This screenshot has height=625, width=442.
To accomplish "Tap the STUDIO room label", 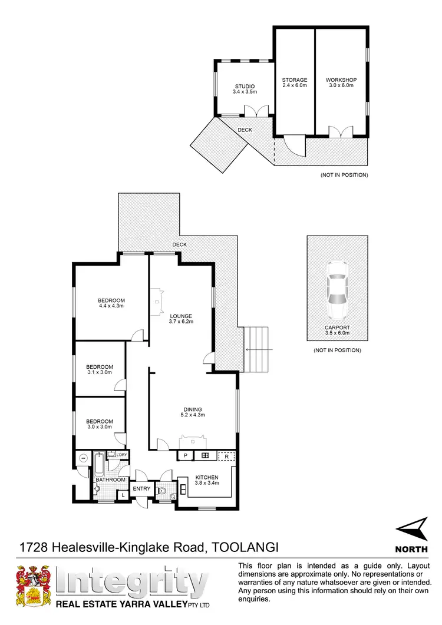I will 243,87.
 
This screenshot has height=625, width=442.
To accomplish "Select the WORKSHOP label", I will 341,80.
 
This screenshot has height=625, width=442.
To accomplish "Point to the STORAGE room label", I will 294,80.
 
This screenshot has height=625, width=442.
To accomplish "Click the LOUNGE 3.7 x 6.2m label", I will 182,318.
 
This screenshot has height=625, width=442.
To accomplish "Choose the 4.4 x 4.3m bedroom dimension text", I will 111,306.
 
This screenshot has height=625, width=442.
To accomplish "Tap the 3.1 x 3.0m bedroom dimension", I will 99,372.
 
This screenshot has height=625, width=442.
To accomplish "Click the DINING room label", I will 193,409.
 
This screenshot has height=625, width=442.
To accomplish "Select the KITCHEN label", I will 207,477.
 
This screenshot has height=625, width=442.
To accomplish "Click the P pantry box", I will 185,455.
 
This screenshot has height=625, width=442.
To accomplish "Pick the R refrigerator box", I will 226,455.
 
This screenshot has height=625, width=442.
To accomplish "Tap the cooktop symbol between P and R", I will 205,455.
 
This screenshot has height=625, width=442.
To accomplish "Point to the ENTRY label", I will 141,489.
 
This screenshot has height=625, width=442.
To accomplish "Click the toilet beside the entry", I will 164,489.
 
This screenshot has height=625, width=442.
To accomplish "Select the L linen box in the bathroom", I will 123,495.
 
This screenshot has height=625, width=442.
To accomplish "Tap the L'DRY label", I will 121,455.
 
